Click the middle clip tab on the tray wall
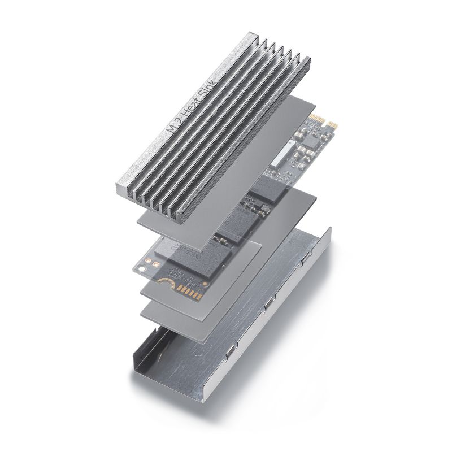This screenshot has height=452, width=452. click(x=266, y=307)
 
